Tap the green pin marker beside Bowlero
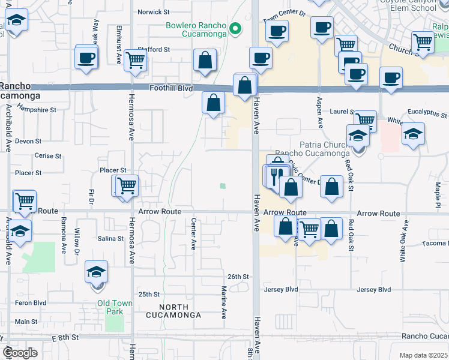(236, 28)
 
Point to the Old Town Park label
(115, 307)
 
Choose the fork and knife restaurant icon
(276, 175)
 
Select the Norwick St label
(154, 12)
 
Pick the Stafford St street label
(154, 49)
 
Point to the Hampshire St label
(37, 110)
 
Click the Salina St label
(110, 238)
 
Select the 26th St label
(238, 277)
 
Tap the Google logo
(20, 353)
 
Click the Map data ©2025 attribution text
(423, 355)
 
